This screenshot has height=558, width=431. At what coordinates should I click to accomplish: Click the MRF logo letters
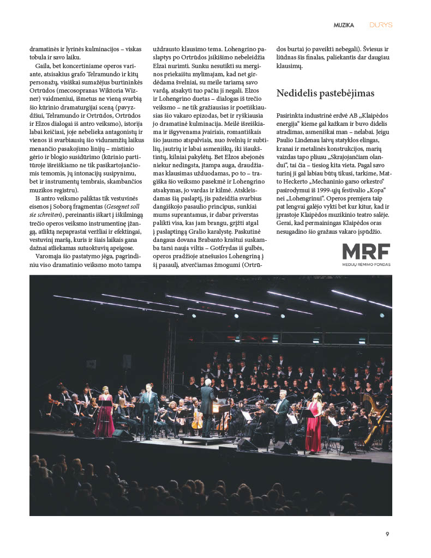pos(366,252)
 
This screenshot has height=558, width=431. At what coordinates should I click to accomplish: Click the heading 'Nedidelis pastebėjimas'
pos(325,93)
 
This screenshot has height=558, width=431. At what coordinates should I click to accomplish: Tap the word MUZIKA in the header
pos(344,25)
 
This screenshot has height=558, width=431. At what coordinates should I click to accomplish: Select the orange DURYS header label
pos(381,25)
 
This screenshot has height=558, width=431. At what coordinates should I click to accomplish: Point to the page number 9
pos(387,534)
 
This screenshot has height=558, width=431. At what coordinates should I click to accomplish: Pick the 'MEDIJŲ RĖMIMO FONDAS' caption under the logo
pos(366,265)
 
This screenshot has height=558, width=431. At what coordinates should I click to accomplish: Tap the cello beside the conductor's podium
pos(197,420)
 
